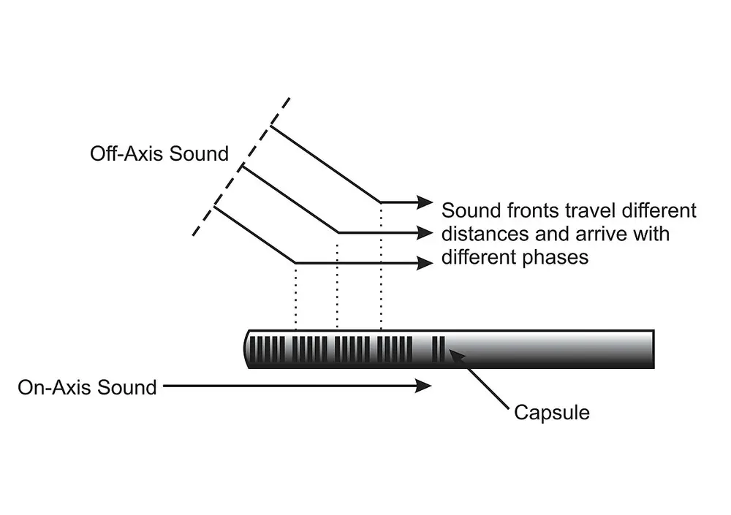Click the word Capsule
pos(552,413)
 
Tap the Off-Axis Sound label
pos(159,154)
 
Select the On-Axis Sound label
pos(87,386)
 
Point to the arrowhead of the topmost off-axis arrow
pos(425,202)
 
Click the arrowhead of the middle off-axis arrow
pos(425,232)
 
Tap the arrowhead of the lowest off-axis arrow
pos(425,263)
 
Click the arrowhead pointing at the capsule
pos(455,356)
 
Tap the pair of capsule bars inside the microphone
pos(439,348)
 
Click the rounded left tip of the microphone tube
pos(246,348)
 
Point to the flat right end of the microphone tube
pos(653,348)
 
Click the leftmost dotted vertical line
pos(295,296)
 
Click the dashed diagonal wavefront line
pos(241,167)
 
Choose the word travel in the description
pos(591,211)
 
